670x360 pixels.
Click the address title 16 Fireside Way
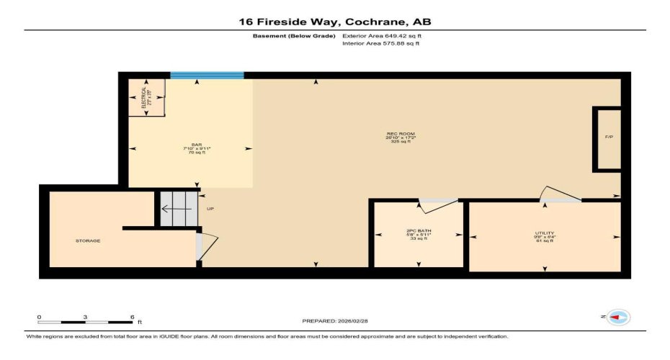(x=335, y=22)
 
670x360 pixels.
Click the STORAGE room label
(x=88, y=240)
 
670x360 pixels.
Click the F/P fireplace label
(x=609, y=137)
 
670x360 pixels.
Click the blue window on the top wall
(x=207, y=75)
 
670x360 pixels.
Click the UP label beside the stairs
(x=210, y=210)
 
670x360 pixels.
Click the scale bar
(x=85, y=321)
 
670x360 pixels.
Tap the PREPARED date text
(x=335, y=320)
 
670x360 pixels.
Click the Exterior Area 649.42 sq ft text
(x=381, y=35)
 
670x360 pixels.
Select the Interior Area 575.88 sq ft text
(x=380, y=43)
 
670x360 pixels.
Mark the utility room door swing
(x=559, y=194)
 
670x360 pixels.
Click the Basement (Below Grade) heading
(x=295, y=35)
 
